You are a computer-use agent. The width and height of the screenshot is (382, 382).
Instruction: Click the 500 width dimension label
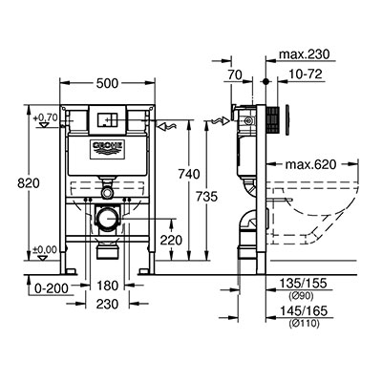[107, 83]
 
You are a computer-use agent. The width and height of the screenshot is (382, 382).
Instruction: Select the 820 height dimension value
[29, 183]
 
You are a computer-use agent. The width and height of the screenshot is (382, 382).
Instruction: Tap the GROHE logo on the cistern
[108, 149]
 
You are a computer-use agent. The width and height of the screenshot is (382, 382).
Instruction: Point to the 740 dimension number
[189, 174]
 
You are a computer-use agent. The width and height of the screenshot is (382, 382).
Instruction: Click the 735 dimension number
[206, 197]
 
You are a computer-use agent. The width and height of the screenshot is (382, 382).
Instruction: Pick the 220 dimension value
[171, 240]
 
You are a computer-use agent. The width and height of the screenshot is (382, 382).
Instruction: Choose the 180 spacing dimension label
[107, 286]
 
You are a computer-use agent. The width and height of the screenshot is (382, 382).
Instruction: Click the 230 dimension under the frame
[107, 304]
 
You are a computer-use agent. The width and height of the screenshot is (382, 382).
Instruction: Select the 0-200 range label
[52, 288]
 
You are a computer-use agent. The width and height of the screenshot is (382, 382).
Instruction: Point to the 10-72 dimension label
[306, 74]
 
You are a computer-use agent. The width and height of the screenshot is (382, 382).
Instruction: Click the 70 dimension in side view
[235, 75]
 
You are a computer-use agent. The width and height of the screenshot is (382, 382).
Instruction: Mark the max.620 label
[310, 164]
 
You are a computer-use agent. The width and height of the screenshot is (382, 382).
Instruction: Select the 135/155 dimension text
[304, 283]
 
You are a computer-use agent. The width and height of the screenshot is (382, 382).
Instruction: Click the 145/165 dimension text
[304, 311]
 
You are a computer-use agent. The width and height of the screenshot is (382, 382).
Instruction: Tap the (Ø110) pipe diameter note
[304, 324]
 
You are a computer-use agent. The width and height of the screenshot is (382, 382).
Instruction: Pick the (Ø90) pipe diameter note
[301, 296]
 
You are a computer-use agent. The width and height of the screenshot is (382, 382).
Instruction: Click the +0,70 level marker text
[46, 117]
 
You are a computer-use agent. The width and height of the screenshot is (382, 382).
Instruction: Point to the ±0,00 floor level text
[45, 249]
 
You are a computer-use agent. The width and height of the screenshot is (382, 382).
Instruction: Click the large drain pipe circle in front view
[108, 218]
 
